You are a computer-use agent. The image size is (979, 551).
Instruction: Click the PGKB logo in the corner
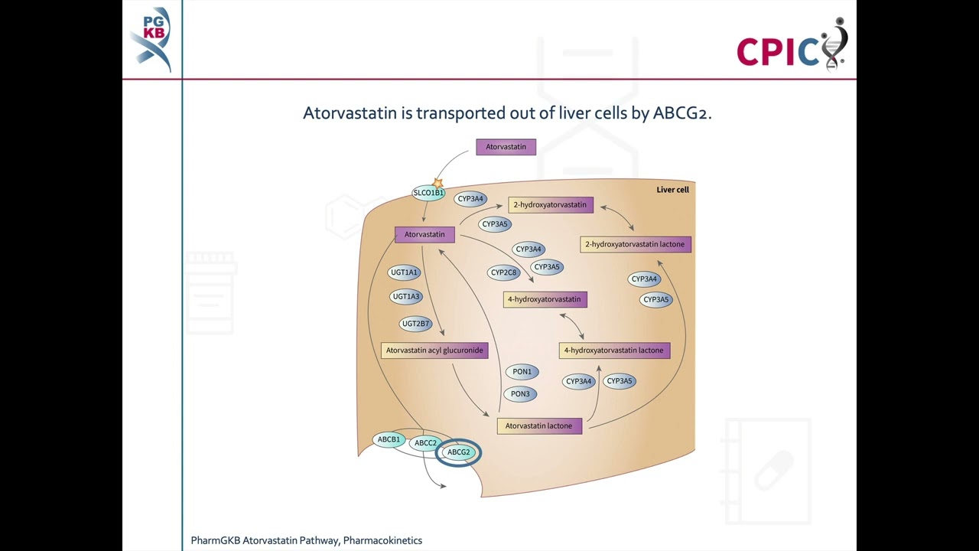click(x=151, y=38)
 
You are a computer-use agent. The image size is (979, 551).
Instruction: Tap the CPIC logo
click(x=791, y=46)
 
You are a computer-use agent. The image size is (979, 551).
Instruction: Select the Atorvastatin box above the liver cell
click(x=506, y=147)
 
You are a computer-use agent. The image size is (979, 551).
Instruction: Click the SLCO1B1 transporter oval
click(x=428, y=194)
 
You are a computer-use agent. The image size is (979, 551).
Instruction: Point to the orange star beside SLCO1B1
click(x=438, y=183)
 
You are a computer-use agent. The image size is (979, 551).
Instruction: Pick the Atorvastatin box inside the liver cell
click(x=424, y=235)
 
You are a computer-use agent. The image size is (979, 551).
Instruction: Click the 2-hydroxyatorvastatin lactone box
click(x=635, y=245)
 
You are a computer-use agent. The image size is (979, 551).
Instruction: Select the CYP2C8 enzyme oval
click(x=504, y=272)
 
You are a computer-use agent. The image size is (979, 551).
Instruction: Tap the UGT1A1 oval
click(x=404, y=272)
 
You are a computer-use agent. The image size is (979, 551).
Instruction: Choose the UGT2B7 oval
click(x=415, y=324)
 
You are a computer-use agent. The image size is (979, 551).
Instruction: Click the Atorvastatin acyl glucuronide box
click(x=434, y=350)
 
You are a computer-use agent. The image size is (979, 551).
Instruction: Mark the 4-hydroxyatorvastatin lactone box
click(x=613, y=350)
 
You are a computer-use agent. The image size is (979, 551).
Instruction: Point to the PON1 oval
click(x=522, y=372)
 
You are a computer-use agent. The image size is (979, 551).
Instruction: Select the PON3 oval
click(x=520, y=394)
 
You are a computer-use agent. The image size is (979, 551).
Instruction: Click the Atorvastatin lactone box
click(x=539, y=426)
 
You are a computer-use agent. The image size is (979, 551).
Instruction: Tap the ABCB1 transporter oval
click(x=389, y=439)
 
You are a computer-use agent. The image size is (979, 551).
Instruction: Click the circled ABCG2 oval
click(x=459, y=452)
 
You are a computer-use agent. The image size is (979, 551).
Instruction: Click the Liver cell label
click(x=672, y=190)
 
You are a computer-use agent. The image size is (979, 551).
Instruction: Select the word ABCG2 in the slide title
click(x=681, y=113)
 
